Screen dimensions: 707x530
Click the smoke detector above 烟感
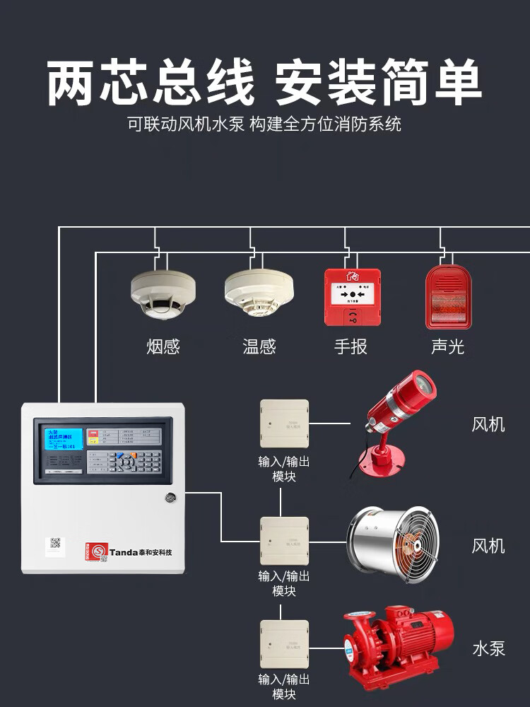click(163, 296)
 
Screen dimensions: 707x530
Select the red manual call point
click(353, 297)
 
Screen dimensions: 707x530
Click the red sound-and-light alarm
click(448, 297)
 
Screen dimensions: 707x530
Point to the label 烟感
click(163, 346)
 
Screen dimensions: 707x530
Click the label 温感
click(259, 346)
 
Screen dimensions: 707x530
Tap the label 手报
click(351, 346)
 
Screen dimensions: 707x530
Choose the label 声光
click(448, 346)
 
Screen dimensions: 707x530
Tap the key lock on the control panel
click(170, 498)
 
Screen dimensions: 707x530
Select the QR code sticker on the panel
click(55, 544)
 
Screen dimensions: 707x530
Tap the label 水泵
click(488, 648)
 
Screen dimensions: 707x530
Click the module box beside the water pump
click(284, 644)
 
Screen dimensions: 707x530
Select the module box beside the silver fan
click(284, 541)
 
